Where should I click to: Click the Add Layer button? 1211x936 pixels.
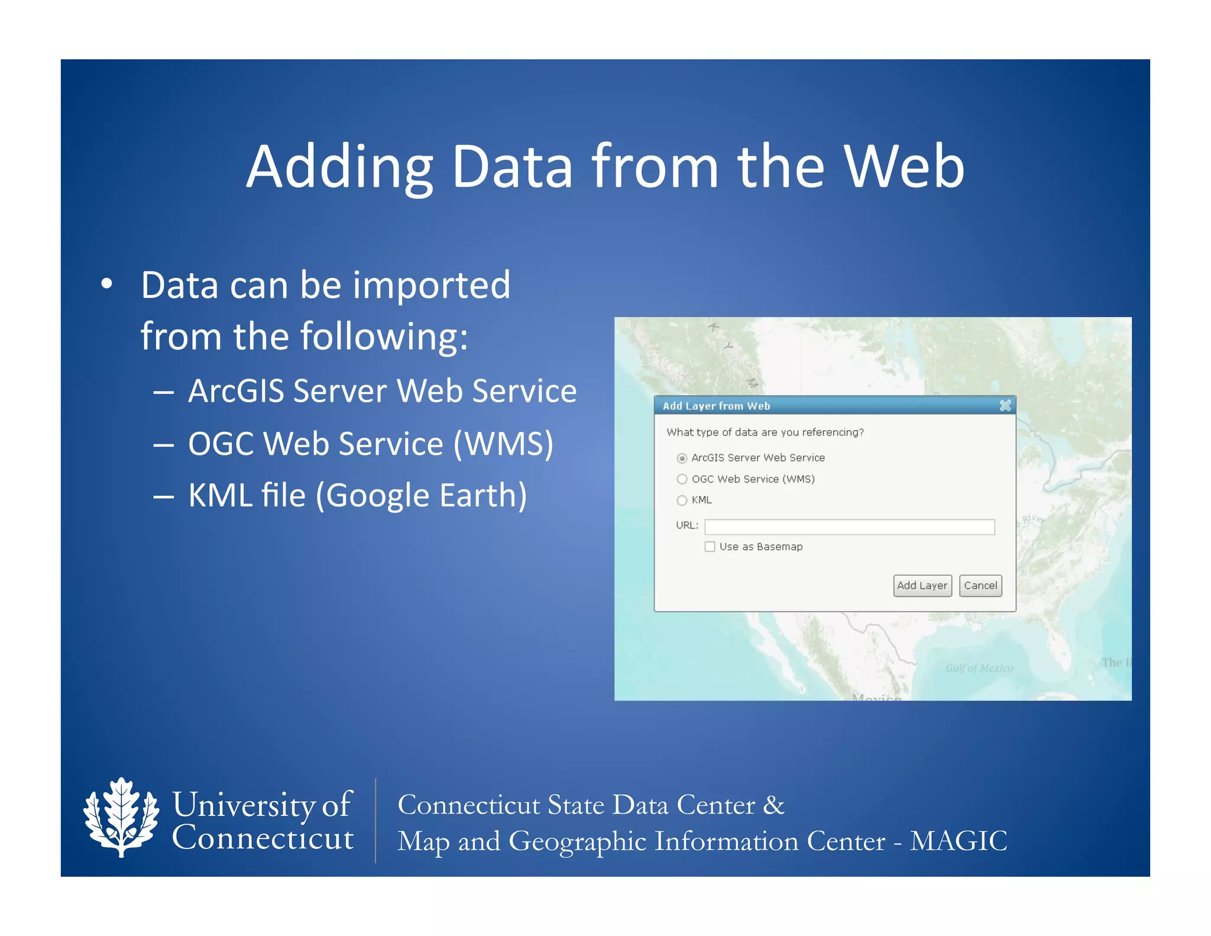(922, 585)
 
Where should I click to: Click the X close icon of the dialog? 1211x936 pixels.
(1005, 405)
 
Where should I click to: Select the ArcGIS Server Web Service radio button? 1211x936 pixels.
(682, 458)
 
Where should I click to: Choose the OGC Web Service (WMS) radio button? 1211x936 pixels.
(682, 479)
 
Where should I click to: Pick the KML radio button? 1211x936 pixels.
(682, 501)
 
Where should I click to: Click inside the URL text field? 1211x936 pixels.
(849, 527)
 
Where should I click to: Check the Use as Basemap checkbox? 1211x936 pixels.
(710, 547)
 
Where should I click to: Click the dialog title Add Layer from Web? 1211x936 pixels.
(716, 406)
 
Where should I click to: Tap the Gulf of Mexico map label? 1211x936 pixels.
(979, 668)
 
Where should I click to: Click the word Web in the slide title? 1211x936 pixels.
(904, 167)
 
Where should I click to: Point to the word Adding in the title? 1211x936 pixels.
(340, 167)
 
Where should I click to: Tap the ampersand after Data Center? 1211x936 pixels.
(774, 805)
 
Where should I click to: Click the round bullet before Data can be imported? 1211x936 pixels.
(106, 285)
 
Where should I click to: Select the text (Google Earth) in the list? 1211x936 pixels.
(421, 495)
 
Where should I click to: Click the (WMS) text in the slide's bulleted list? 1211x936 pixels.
(503, 444)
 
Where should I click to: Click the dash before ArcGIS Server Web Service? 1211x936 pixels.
(163, 392)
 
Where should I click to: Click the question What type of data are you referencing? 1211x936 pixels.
(765, 433)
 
